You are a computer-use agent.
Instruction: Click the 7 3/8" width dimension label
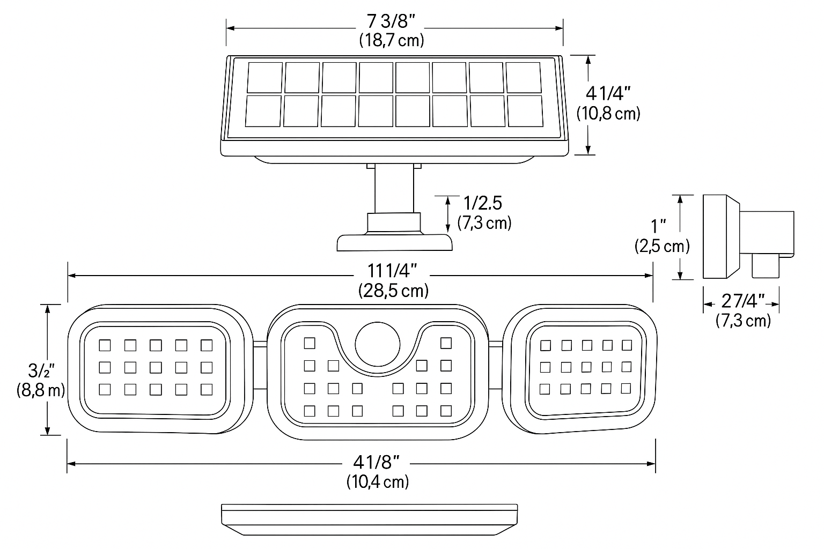tap(391, 22)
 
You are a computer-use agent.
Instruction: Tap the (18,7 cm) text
tap(391, 40)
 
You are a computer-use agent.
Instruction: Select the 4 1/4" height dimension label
tap(608, 94)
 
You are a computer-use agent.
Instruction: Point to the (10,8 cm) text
tap(608, 113)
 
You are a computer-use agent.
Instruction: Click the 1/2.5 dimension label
tap(483, 204)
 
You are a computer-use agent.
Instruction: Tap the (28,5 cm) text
tap(393, 291)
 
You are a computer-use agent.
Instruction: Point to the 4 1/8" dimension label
tap(377, 462)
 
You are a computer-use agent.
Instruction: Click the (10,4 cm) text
tap(378, 481)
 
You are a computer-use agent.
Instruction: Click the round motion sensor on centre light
tap(378, 343)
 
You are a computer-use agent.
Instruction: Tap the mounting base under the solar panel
tap(394, 243)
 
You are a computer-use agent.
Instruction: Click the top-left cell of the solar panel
tap(265, 77)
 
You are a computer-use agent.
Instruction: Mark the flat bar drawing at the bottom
tap(370, 518)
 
